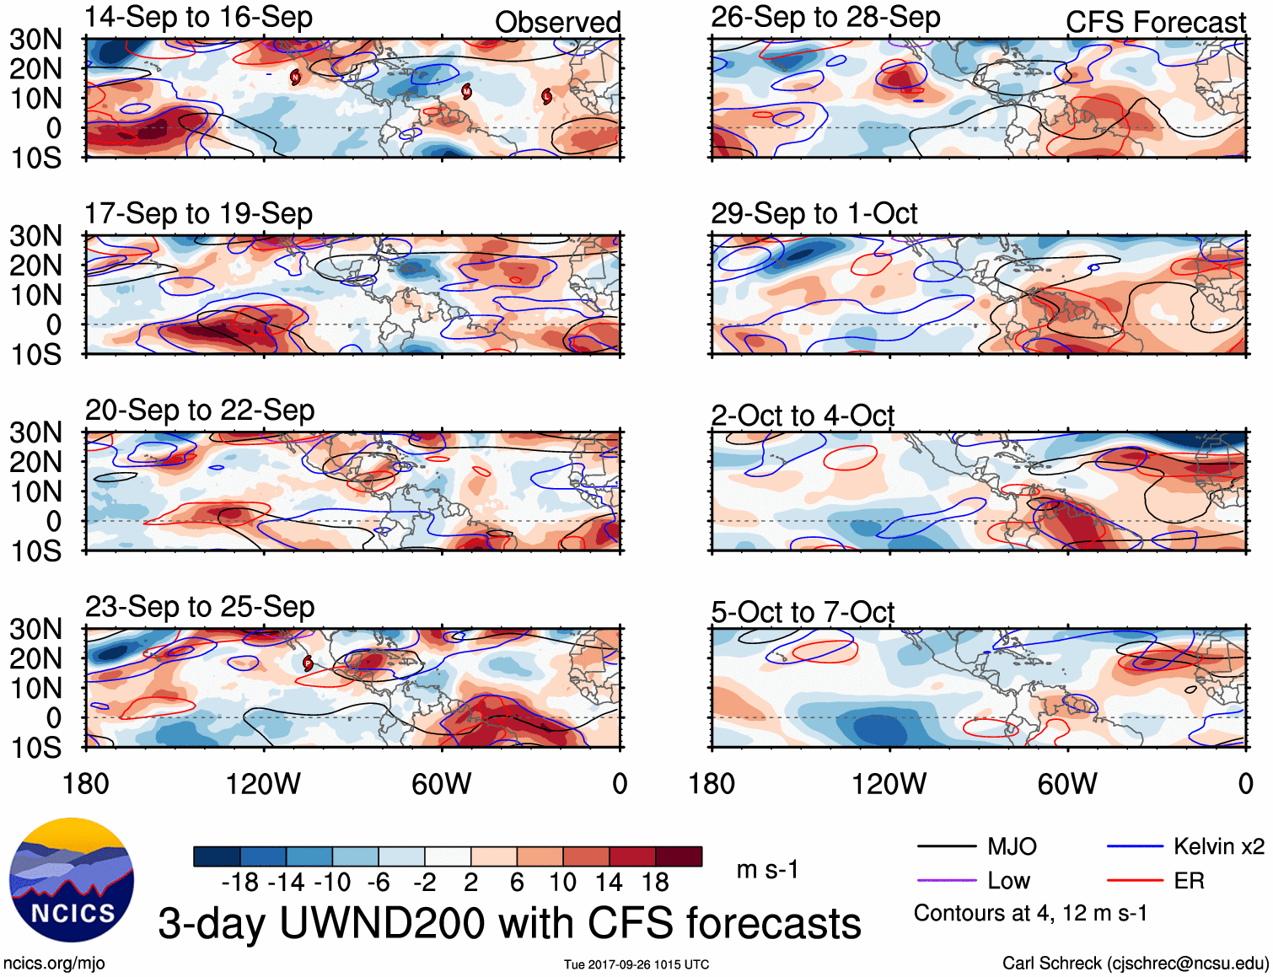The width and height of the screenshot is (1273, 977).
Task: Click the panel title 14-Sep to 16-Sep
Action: (x=198, y=18)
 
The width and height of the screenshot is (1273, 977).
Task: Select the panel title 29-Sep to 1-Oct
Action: (x=814, y=214)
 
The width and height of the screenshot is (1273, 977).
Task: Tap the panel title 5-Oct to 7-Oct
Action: (x=802, y=613)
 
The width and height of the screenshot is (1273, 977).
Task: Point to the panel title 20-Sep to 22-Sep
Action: (x=200, y=411)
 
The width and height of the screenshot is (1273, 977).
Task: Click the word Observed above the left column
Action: (x=557, y=23)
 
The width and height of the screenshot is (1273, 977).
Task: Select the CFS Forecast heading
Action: (x=1155, y=23)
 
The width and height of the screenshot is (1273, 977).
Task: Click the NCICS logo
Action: (x=71, y=880)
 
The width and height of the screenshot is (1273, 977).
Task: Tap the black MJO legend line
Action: (x=946, y=846)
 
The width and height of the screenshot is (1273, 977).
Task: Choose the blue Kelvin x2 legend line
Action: (x=1135, y=846)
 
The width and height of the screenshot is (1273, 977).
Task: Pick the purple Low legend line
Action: (x=946, y=881)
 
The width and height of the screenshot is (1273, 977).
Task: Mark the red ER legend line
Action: (x=1135, y=881)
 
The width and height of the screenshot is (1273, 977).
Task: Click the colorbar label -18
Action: (x=240, y=883)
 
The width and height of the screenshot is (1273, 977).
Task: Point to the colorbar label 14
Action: (x=608, y=883)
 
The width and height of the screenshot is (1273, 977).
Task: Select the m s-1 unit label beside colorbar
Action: (x=767, y=870)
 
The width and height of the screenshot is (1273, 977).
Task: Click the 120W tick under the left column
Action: (x=263, y=784)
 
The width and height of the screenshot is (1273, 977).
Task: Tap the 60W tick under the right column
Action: (x=1067, y=784)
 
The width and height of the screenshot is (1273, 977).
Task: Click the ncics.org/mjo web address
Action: (x=54, y=964)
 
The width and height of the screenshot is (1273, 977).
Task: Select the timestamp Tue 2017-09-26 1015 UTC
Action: (x=636, y=964)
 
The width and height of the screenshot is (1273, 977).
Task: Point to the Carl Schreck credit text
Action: (x=1135, y=964)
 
